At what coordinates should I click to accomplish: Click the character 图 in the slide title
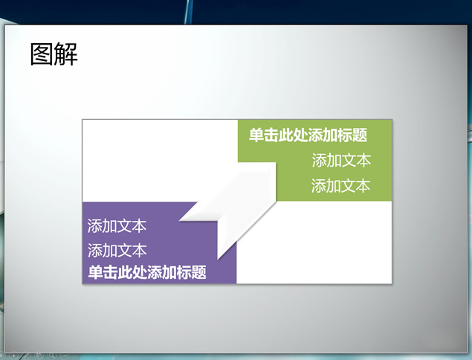point(42,54)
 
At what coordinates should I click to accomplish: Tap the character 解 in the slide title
point(66,54)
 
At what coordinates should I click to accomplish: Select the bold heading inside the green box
point(308,135)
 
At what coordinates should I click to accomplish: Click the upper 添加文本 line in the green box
point(341,160)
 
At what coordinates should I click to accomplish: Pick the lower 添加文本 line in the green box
point(340,185)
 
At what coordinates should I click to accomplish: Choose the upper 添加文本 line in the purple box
point(117,226)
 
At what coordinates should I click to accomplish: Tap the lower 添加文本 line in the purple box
point(117,251)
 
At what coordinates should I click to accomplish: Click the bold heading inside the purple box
point(147,272)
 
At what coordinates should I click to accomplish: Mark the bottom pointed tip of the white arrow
point(218,259)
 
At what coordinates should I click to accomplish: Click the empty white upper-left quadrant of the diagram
point(160,161)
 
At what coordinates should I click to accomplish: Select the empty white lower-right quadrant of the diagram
point(314,242)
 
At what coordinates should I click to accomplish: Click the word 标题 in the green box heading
point(352,135)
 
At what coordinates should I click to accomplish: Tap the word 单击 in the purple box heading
point(103,272)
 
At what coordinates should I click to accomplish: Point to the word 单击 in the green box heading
point(263,135)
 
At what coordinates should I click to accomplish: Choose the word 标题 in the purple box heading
point(192,272)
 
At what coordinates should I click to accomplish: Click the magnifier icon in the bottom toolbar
point(52,356)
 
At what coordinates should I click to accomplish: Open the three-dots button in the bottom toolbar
point(64,356)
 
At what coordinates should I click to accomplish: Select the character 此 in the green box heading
point(285,135)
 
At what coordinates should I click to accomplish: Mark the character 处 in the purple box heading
point(140,272)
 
